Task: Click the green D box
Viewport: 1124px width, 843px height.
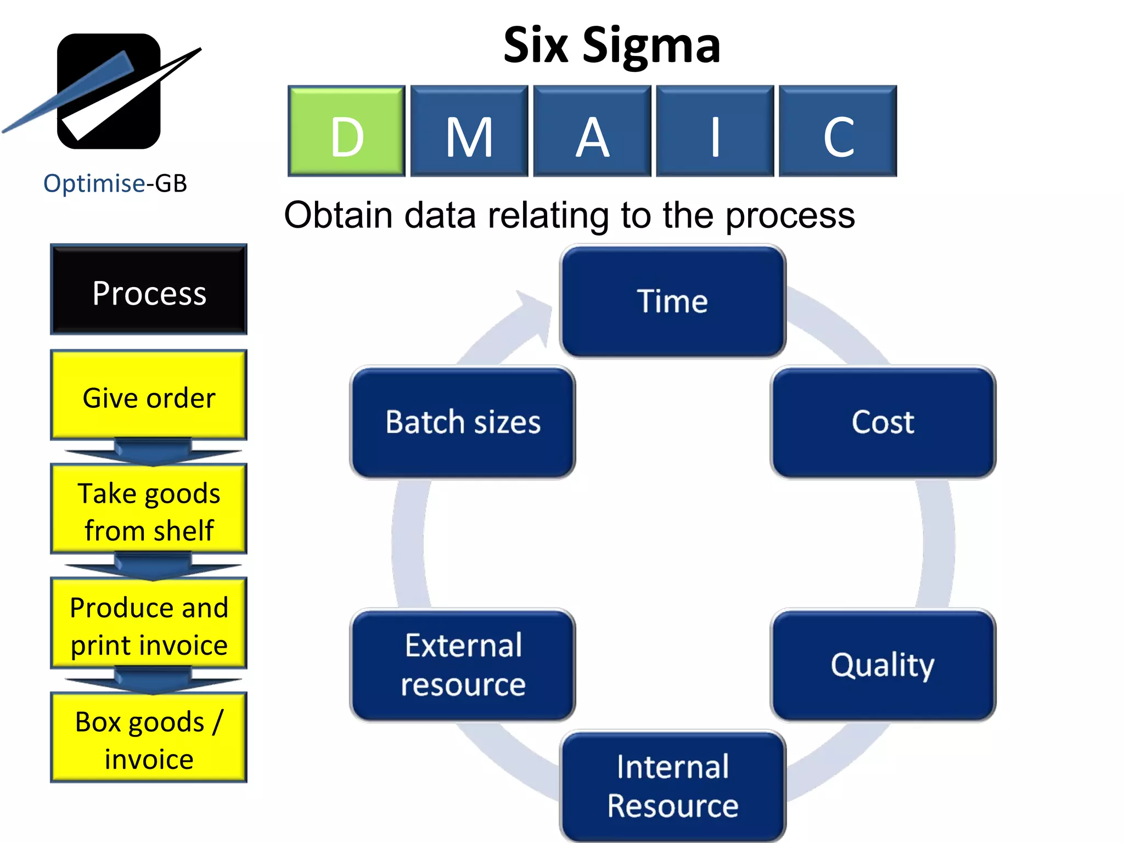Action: coord(346,131)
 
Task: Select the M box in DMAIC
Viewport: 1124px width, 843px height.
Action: coord(469,131)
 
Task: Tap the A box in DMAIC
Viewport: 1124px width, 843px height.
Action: coord(592,131)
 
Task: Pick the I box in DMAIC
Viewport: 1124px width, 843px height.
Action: coord(715,131)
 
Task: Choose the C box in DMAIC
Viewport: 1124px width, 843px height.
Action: coord(838,131)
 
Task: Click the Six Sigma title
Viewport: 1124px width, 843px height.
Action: coord(611,46)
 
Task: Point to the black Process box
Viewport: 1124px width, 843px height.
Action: coord(149,290)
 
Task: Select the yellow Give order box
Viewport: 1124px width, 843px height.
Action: coord(149,395)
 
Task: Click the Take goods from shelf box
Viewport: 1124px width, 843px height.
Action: coord(149,509)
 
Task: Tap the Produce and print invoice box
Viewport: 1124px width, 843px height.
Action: coord(149,623)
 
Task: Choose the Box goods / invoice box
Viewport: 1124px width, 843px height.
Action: coord(149,738)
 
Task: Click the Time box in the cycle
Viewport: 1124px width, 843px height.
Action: coord(673,301)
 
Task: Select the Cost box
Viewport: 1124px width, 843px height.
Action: coord(883,422)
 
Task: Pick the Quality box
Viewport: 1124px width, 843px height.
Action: coord(883,665)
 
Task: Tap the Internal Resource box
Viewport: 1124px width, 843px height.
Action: coord(673,786)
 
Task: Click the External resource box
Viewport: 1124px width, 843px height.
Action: coord(463,665)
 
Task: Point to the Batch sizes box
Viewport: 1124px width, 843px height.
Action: coord(463,422)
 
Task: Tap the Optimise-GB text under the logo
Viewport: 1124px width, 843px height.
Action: coord(115,183)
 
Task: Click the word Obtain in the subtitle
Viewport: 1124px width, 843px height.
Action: coord(338,215)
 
